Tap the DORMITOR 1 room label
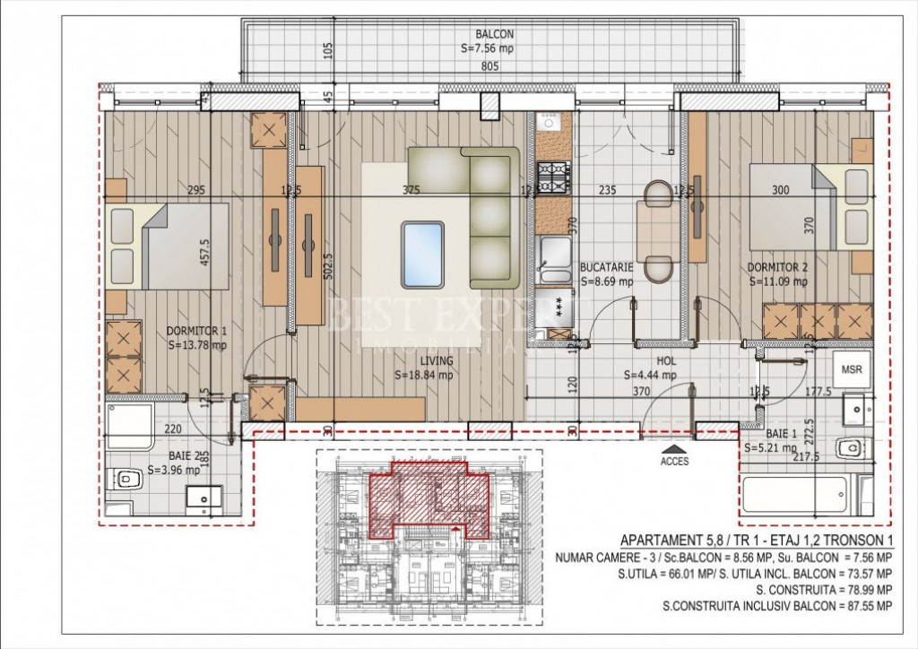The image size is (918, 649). (x=196, y=331)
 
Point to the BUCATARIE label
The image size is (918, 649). (x=607, y=267)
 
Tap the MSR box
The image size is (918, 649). (x=851, y=368)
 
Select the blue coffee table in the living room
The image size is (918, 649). (x=422, y=255)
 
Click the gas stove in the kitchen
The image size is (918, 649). (x=553, y=178)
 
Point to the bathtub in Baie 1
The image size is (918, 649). (x=794, y=492)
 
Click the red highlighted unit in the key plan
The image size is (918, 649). (x=430, y=498)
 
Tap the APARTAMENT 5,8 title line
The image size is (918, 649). (x=756, y=540)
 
